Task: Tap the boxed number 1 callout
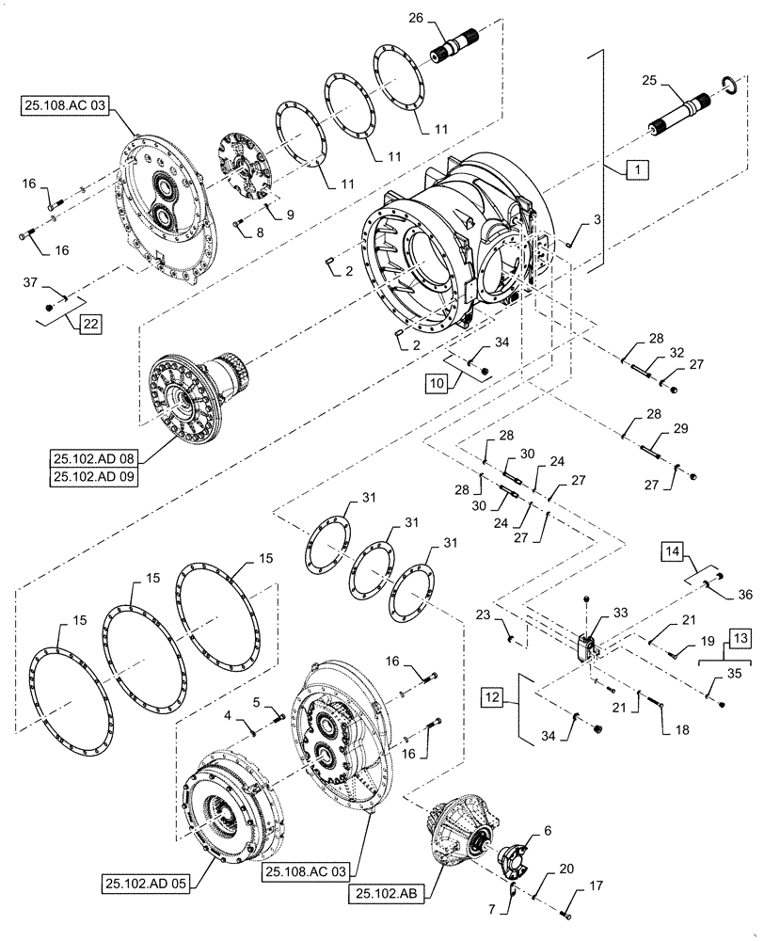click(x=637, y=170)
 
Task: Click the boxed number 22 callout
click(x=88, y=325)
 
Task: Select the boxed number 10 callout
click(x=436, y=383)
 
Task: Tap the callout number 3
click(x=597, y=219)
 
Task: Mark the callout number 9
click(x=290, y=215)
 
